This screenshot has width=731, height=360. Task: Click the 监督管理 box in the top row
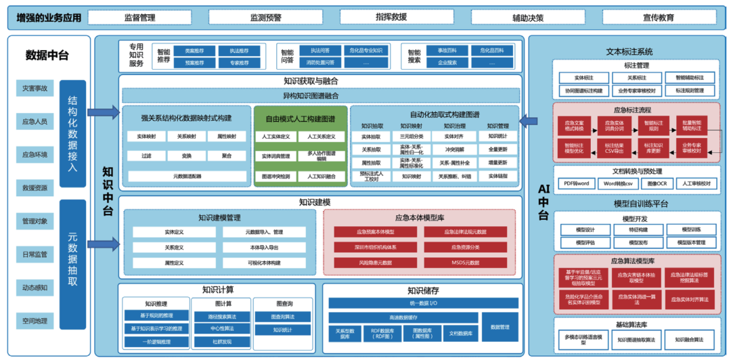(x=140, y=18)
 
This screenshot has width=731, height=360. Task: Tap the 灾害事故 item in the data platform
(x=35, y=88)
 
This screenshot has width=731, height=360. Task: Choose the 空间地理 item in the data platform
(x=35, y=320)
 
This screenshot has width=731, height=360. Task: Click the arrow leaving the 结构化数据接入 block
(x=102, y=111)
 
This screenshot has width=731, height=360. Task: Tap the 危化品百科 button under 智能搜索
(x=487, y=51)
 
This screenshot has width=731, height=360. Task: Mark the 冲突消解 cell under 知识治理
(x=454, y=150)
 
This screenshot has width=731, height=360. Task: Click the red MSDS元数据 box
(x=465, y=262)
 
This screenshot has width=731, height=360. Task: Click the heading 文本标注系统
(x=629, y=51)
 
